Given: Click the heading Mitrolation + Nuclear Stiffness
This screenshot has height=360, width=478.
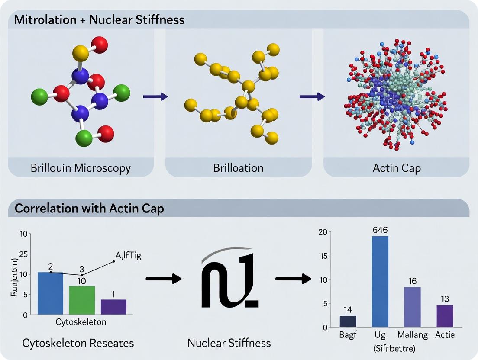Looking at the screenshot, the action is coord(100,20).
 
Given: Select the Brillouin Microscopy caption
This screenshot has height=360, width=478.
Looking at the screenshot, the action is coord(81,168).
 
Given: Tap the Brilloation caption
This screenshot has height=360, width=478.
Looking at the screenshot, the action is coord(238,168).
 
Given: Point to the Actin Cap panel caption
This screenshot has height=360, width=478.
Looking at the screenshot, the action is coord(396,168).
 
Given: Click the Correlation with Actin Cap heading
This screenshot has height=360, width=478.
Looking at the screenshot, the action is coord(89,209).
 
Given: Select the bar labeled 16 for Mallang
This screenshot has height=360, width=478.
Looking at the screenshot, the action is coord(412,307).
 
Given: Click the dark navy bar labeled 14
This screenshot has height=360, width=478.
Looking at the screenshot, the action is coord(348,321).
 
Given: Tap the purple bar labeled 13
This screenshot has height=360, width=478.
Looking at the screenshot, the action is coord(444,316).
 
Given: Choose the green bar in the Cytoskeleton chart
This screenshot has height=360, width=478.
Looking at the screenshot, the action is coord(82,300).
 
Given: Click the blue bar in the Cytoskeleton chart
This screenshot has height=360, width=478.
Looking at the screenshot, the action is coord(50,293).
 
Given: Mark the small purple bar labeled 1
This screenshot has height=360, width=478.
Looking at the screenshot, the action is coord(113,306).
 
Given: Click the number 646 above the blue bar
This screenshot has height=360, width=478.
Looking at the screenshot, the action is coord(381,230).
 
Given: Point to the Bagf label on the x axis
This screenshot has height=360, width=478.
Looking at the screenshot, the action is coord(348,334).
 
